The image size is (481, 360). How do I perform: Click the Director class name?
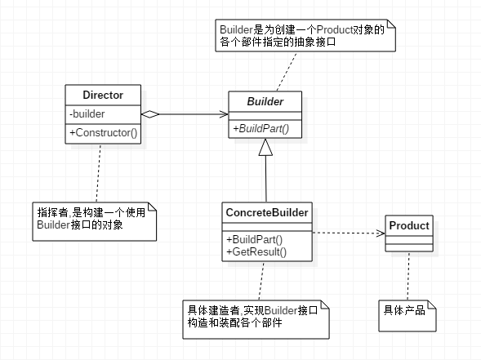[103, 95]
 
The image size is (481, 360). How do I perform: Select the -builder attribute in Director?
[87, 114]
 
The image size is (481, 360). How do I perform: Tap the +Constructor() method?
[104, 133]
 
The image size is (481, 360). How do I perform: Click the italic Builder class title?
[265, 101]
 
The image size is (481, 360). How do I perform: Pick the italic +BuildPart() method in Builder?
[261, 128]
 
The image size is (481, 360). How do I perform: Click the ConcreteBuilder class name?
[267, 212]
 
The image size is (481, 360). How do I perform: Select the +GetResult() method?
[256, 251]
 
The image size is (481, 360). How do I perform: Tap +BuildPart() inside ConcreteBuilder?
[254, 239]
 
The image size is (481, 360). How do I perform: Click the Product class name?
[409, 225]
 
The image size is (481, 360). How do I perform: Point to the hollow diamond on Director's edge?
[150, 114]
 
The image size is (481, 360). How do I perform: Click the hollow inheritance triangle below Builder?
[265, 147]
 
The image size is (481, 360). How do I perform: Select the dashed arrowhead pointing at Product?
[381, 233]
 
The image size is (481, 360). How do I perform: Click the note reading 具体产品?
[408, 316]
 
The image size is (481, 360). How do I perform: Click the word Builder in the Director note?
[54, 224]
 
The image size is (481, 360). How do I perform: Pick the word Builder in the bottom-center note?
[281, 310]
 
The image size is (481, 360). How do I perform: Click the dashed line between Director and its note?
[98, 173]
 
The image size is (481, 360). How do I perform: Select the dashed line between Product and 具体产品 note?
[408, 276]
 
